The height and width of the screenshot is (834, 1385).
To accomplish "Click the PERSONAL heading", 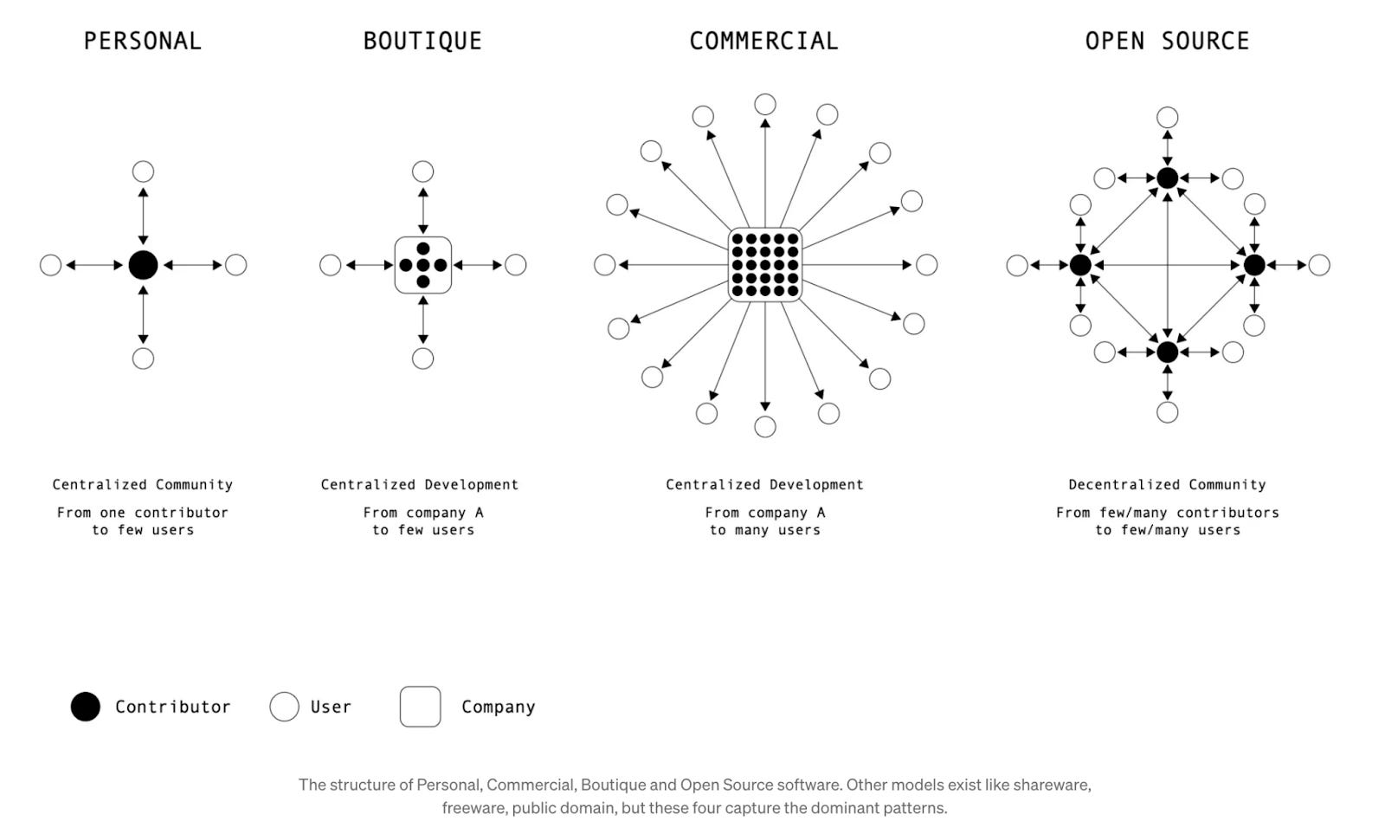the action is [x=142, y=41].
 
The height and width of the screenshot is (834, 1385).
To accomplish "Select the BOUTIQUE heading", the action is [x=422, y=41].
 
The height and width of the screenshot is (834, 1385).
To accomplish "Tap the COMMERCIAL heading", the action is [x=763, y=41].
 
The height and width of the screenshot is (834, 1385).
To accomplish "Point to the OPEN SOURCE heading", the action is [x=1167, y=41].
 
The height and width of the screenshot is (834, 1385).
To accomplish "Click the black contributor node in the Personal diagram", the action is [x=143, y=265].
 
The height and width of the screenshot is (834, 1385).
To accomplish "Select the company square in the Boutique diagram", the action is [x=423, y=265].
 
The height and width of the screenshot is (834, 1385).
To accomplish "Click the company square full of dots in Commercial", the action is [x=765, y=265].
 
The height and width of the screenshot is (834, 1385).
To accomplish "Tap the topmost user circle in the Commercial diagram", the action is [x=765, y=105].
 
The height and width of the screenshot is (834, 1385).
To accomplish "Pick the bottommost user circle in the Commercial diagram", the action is [x=765, y=427].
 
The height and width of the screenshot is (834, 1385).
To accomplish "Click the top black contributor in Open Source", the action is [x=1168, y=178].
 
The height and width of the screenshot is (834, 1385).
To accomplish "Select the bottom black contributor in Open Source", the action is [x=1168, y=352].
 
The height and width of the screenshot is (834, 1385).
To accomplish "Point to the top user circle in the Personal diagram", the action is [x=143, y=171].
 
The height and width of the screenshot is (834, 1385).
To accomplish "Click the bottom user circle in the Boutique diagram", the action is [x=423, y=359].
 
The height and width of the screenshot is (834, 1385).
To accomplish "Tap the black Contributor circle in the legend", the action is [x=86, y=707].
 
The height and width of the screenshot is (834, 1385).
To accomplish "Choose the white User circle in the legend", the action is [x=284, y=707].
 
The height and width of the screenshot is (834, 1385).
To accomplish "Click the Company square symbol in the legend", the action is [x=421, y=707].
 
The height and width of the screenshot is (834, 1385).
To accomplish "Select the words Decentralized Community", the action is [x=1167, y=485].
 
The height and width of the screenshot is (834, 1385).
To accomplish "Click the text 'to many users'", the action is [x=765, y=530].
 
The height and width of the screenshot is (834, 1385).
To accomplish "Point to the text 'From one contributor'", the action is [x=143, y=513].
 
